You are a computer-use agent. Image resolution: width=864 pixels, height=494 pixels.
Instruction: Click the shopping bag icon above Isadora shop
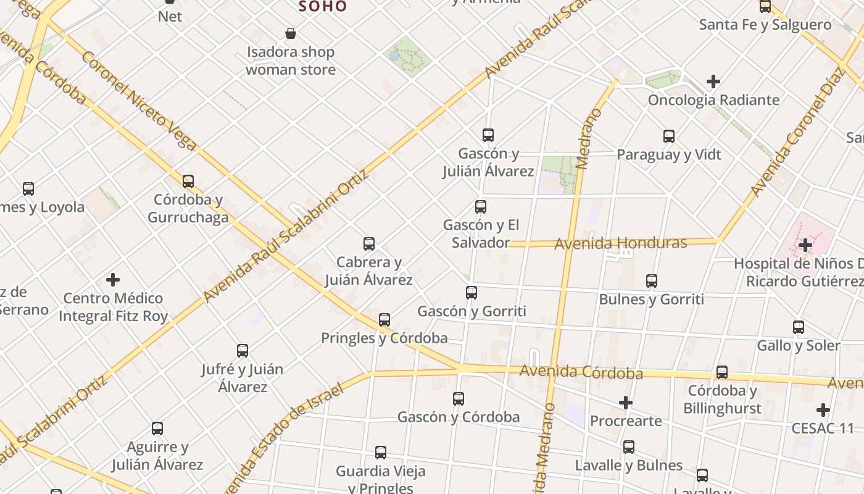(290, 33)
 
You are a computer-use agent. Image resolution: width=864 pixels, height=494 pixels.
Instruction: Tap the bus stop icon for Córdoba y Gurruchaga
(188, 182)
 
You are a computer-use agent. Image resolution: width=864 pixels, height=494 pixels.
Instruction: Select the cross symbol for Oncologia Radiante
(713, 82)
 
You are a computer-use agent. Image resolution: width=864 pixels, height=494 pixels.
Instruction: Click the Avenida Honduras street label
(620, 243)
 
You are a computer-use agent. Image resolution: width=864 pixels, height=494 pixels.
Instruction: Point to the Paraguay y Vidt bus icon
(669, 136)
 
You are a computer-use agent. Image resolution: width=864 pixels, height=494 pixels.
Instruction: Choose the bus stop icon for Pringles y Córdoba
(384, 320)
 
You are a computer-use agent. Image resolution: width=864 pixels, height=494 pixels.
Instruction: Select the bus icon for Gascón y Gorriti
(471, 293)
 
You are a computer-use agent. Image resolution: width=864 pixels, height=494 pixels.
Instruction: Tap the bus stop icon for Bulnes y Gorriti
(652, 281)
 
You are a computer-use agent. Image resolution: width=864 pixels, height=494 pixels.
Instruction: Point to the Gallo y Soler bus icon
(799, 327)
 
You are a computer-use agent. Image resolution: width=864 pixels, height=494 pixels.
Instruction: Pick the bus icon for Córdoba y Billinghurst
(722, 372)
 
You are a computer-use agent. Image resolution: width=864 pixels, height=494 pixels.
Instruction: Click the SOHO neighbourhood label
(323, 7)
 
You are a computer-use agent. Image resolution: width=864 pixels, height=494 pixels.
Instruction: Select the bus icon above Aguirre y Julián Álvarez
(157, 429)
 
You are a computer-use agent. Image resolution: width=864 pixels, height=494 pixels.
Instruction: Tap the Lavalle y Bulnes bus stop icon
(629, 447)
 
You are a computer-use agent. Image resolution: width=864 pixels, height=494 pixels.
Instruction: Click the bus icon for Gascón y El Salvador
(481, 207)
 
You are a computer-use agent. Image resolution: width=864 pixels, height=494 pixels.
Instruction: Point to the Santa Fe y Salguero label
(765, 25)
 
